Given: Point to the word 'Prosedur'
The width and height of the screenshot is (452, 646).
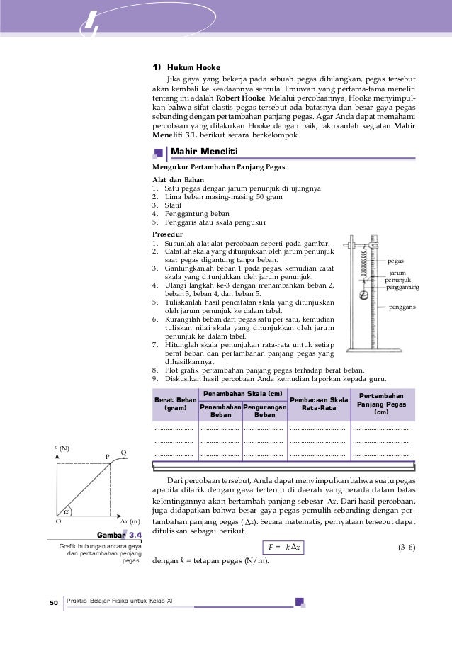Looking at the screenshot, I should (167, 233).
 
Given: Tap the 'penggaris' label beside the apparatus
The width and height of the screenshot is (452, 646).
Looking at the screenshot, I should (402, 308).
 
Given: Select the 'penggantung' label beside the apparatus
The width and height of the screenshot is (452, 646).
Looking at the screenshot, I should (403, 287).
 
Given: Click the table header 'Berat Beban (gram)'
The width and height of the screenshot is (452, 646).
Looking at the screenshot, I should (174, 404).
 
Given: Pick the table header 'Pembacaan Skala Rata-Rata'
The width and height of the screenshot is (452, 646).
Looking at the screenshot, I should (319, 404).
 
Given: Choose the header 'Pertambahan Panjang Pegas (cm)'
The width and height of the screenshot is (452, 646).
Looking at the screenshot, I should (382, 404).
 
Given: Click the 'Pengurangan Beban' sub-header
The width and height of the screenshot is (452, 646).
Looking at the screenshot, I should (264, 412).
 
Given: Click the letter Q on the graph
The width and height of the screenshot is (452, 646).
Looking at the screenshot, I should (123, 453).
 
